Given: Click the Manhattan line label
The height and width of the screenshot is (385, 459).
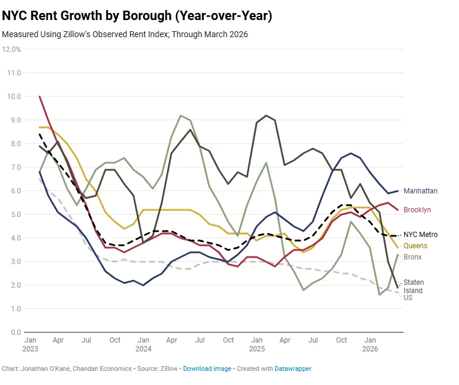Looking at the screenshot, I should (420, 191).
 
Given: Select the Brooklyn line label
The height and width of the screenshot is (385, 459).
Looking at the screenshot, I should (417, 210).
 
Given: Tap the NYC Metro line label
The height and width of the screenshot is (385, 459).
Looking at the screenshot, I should (420, 235).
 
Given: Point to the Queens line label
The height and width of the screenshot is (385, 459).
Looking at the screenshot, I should (415, 246).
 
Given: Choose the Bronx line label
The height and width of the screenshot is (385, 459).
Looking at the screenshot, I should (413, 257).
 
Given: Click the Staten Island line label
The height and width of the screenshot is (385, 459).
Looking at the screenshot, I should (413, 287).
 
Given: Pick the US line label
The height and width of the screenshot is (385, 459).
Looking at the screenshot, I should (408, 298).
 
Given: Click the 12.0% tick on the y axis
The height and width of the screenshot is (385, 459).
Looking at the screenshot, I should (12, 50).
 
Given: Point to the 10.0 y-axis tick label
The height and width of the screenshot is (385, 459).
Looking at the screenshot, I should (14, 97).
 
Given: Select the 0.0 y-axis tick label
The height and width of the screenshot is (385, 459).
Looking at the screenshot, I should (15, 333).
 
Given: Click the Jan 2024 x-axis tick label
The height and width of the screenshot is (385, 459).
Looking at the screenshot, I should (143, 344).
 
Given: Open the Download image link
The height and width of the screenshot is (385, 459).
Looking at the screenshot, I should (207, 368).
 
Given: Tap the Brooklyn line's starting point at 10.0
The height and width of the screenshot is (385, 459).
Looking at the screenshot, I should (39, 97).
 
